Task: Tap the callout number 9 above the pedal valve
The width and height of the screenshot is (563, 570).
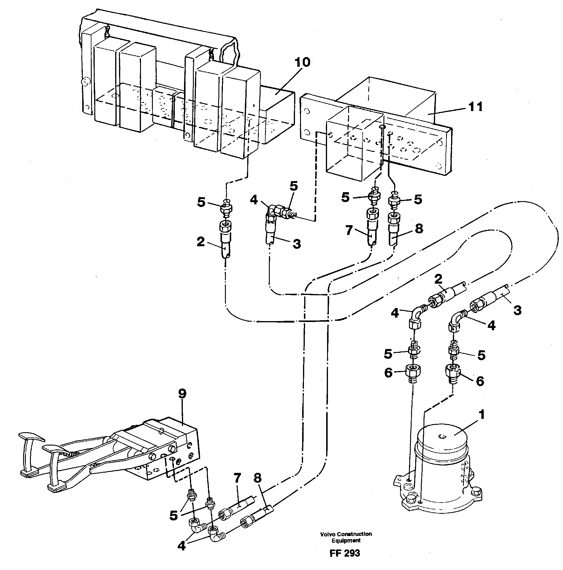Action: (x=182, y=394)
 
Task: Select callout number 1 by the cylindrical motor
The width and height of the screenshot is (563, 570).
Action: (x=482, y=415)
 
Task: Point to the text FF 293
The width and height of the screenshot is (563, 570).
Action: (x=344, y=553)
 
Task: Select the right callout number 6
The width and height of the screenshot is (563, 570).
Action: (x=480, y=381)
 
